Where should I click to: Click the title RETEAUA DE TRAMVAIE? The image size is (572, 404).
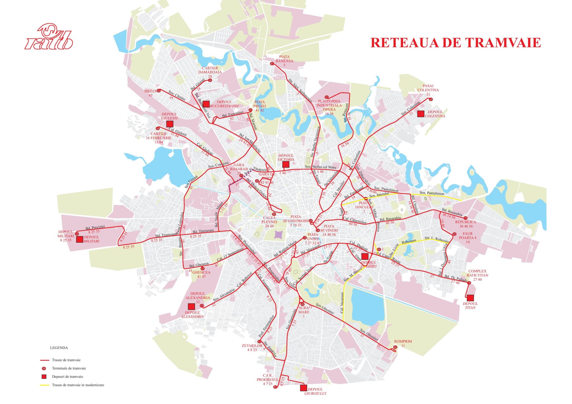click(455, 43)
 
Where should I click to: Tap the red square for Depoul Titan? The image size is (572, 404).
click(470, 298)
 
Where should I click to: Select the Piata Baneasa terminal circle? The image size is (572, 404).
click(272, 64)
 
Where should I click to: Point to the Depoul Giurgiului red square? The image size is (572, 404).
click(303, 388)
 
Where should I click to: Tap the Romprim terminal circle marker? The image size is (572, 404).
click(395, 347)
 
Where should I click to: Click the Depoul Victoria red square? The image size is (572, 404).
click(285, 164)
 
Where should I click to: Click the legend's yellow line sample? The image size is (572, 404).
click(44, 385)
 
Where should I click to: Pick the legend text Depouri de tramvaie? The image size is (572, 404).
click(67, 377)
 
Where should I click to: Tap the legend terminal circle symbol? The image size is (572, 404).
click(44, 369)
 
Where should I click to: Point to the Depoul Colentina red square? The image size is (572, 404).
click(421, 114)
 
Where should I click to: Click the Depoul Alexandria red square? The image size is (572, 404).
click(191, 307)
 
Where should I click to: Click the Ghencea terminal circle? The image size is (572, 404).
click(202, 269)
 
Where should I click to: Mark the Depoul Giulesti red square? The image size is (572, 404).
click(170, 124)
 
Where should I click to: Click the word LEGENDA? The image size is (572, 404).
click(59, 348)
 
